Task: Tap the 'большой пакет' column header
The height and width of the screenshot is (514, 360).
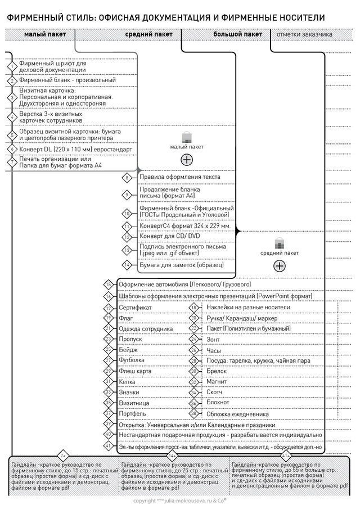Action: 237,34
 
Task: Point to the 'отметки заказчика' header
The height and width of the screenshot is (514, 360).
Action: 304,34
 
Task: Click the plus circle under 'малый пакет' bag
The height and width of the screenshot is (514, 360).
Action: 187,160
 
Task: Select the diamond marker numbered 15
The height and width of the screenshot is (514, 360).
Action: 109,284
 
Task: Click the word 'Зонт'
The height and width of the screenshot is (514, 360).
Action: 213,339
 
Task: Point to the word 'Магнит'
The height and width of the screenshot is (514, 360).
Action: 217,381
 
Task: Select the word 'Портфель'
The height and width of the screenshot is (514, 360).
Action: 133,413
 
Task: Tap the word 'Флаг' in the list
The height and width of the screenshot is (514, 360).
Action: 126,318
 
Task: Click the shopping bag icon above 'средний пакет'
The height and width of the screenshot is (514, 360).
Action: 279,243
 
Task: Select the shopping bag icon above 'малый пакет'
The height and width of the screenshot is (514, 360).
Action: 187,137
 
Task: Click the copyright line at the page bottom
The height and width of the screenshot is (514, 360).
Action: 179,499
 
